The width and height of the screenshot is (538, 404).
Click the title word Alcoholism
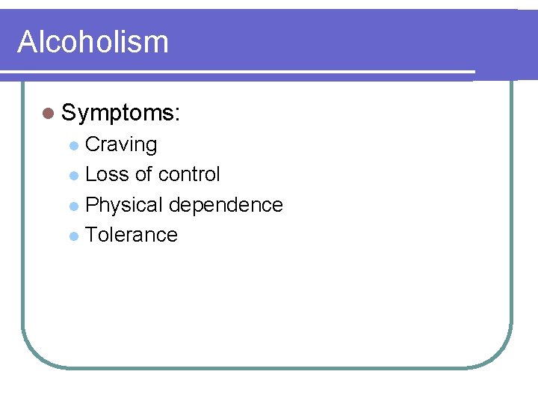pos(93,42)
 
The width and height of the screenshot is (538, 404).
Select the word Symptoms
pos(118,114)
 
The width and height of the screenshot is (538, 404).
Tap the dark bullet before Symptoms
pos(49,114)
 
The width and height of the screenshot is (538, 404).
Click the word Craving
pos(121,145)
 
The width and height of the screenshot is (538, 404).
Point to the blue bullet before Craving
pos(73,145)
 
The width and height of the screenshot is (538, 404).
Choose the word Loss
pos(108,174)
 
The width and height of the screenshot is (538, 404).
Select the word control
pos(188,174)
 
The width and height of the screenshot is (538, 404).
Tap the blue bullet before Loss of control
pos(73,175)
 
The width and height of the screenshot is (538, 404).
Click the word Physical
pos(124,205)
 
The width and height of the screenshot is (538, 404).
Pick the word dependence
pos(226,205)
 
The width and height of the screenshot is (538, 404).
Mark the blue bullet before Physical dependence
pos(73,206)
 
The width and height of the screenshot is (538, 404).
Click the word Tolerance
pos(132,235)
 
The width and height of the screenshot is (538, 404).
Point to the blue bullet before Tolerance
pos(73,236)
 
